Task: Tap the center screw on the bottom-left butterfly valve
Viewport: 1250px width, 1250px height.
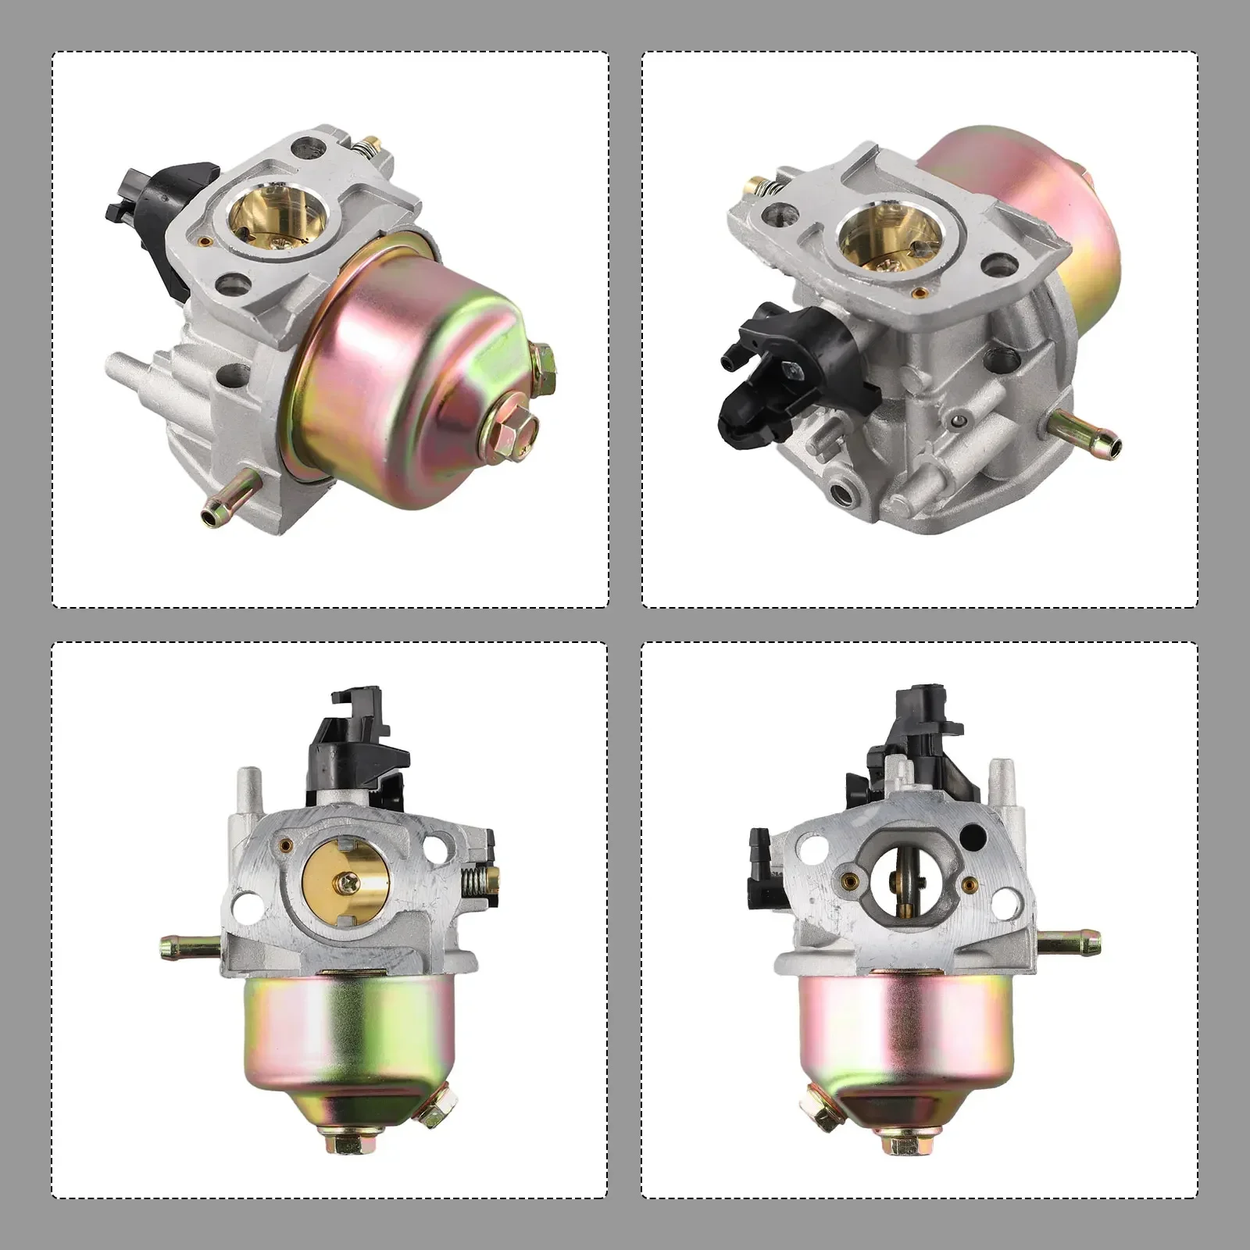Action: click(345, 884)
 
